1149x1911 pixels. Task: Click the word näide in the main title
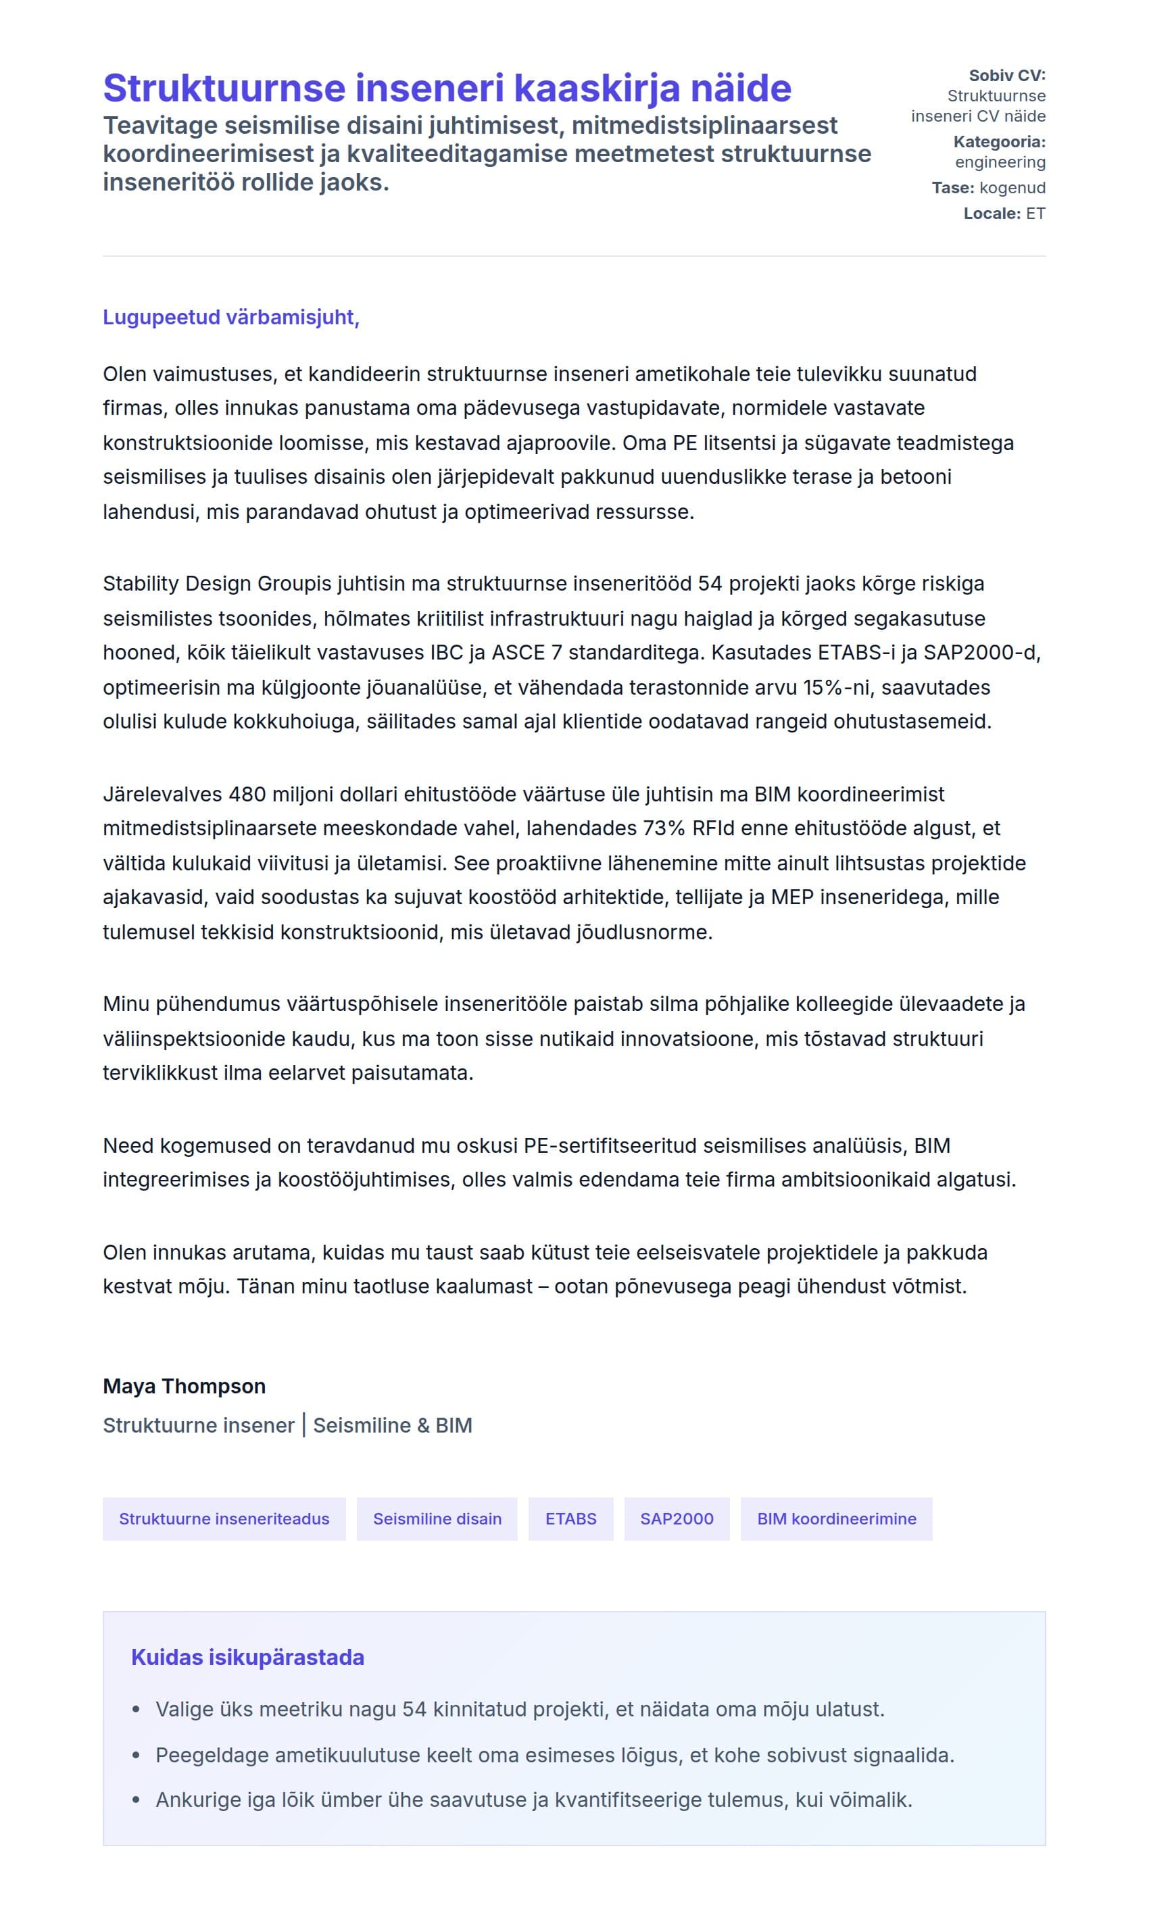coord(740,89)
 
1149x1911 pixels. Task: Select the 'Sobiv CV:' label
coord(1006,75)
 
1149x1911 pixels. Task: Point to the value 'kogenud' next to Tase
coord(1012,187)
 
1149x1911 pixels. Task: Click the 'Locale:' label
coord(992,213)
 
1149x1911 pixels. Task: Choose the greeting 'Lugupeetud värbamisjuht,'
coord(230,318)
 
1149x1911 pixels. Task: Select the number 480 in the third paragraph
coord(247,794)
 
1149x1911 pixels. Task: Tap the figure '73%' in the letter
coord(664,828)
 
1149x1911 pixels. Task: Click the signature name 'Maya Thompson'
coord(185,1386)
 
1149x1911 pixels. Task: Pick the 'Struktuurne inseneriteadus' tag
coord(224,1518)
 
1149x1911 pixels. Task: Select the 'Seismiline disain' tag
coord(437,1518)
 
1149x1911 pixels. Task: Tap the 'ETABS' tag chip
coord(570,1518)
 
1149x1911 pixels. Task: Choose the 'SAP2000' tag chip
coord(677,1518)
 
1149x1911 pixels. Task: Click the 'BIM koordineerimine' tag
coord(836,1518)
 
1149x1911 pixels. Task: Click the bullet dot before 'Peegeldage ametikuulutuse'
coord(137,1755)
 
